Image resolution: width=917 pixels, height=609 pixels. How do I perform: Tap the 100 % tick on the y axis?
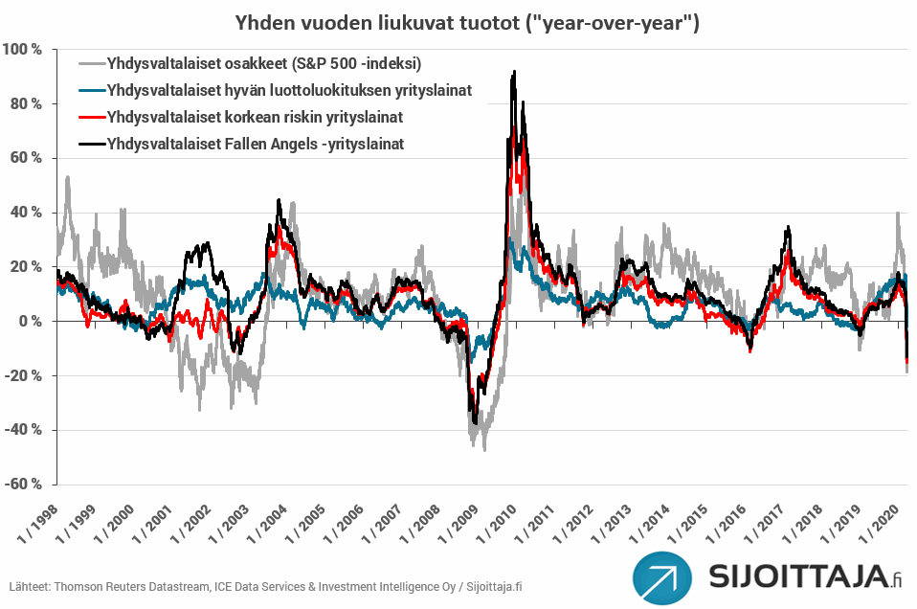pyautogui.click(x=22, y=50)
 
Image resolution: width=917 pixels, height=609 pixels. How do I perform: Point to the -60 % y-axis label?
pyautogui.click(x=23, y=484)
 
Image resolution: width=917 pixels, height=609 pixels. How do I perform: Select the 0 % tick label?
pyautogui.click(x=29, y=322)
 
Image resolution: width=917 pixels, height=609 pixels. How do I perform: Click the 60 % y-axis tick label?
pyautogui.click(x=26, y=158)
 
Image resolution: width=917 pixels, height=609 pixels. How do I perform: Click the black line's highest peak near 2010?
pyautogui.click(x=515, y=72)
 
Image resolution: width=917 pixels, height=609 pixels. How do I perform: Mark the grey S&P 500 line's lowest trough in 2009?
pyautogui.click(x=484, y=449)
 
